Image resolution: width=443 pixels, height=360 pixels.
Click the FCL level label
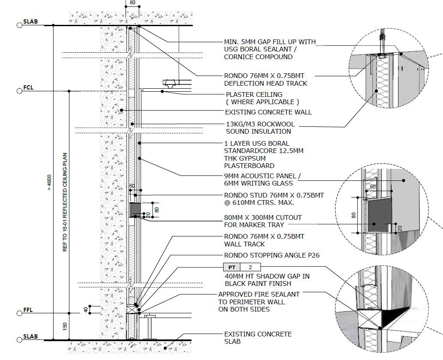pos(29,88)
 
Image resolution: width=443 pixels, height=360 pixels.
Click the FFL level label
pos(29,310)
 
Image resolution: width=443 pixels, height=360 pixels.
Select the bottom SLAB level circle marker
pos(19,340)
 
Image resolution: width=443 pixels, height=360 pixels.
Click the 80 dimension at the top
pos(132,3)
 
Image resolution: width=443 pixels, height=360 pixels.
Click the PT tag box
pos(232,267)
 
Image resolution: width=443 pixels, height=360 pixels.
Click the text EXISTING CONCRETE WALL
pos(268,112)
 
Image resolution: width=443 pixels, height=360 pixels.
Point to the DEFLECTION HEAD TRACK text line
pos(266,83)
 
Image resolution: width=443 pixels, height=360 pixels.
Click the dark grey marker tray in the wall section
pos(136,209)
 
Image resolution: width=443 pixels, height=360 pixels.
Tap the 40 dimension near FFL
pos(86,309)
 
